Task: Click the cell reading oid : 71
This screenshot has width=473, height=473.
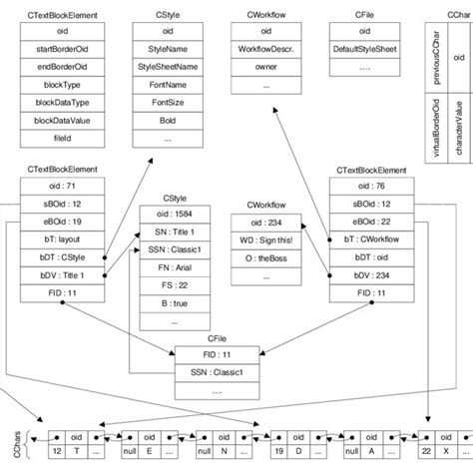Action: tap(62, 186)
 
